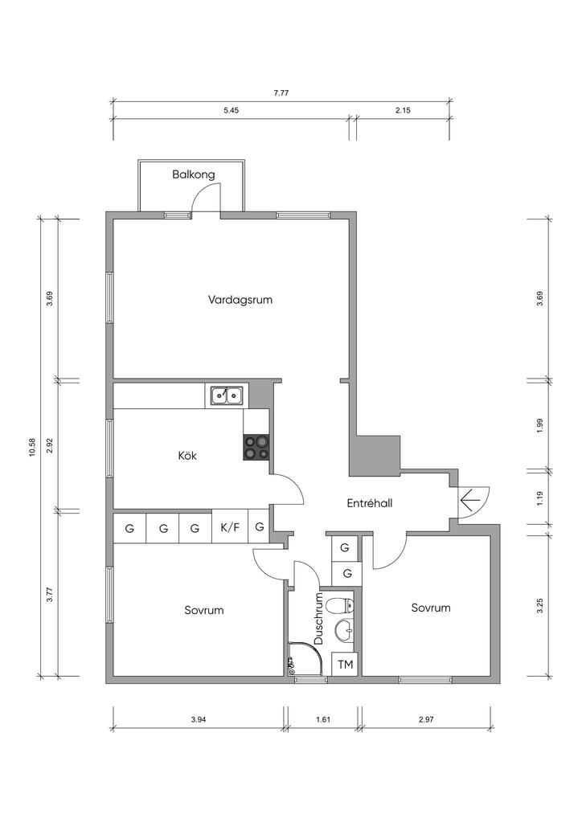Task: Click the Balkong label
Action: coord(194,174)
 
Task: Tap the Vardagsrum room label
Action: coord(240,301)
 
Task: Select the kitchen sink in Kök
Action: coord(227,395)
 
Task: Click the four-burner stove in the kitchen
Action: coord(256,448)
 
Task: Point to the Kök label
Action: coord(187,456)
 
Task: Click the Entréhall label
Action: coord(370,503)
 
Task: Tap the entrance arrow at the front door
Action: coord(470,502)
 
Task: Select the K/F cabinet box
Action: coord(230,527)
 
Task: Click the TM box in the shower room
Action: coord(346,665)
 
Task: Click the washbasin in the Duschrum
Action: coord(344,630)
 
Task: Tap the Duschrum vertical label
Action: coord(318,620)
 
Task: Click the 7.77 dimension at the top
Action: coord(281,93)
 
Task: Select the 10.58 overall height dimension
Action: coord(32,447)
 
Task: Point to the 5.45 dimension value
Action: coord(231,110)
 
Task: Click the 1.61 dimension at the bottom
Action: coord(323,719)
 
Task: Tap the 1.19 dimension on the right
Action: coord(540,497)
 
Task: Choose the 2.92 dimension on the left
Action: coord(50,444)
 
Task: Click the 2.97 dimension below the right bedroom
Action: coord(426,719)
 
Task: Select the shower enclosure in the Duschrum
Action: coord(305,658)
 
